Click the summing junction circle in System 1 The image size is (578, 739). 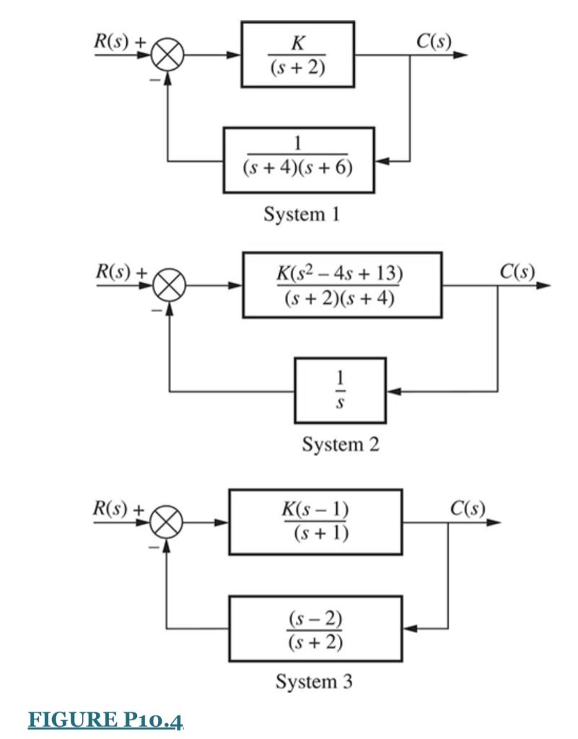pyautogui.click(x=169, y=55)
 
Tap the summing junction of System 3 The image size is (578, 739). pyautogui.click(x=168, y=522)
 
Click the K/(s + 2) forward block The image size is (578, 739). pyautogui.click(x=297, y=54)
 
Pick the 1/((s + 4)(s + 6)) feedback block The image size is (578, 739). pyautogui.click(x=299, y=159)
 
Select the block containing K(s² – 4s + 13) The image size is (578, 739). pyautogui.click(x=341, y=285)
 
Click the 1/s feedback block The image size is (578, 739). pyautogui.click(x=340, y=390)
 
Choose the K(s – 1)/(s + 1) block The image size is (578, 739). pyautogui.click(x=315, y=522)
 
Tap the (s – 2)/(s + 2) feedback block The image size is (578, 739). pyautogui.click(x=315, y=628)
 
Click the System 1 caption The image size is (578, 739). pyautogui.click(x=302, y=214)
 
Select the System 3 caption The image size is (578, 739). pyautogui.click(x=314, y=681)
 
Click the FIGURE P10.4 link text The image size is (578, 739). pyautogui.click(x=106, y=720)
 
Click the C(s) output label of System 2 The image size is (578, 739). pyautogui.click(x=517, y=271)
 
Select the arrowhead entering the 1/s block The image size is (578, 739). pyautogui.click(x=393, y=391)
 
